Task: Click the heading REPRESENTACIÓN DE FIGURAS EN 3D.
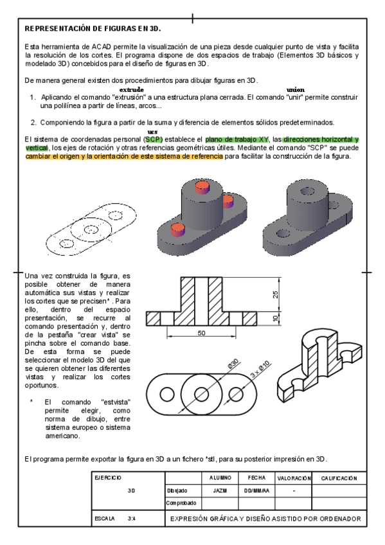pos(93,29)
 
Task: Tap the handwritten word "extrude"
pos(131,90)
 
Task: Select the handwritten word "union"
pos(296,90)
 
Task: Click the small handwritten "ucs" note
pos(152,132)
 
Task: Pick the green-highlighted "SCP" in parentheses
pos(154,139)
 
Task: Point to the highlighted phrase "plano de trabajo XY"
pos(237,139)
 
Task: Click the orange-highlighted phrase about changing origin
pos(124,156)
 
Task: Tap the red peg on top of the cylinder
pos(202,188)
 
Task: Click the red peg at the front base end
pos(177,231)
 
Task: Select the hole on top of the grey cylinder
pos(307,191)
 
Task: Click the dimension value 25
pos(275,295)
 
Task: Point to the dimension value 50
pos(202,333)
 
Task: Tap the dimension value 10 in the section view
pos(275,318)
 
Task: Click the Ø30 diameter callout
pos(233,364)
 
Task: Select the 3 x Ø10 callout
pos(260,370)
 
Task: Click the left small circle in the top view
pos(167,394)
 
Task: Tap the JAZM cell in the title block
pos(220,491)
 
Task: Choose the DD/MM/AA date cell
pos(257,491)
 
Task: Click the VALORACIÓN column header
pos(294,478)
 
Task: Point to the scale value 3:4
pos(131,519)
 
